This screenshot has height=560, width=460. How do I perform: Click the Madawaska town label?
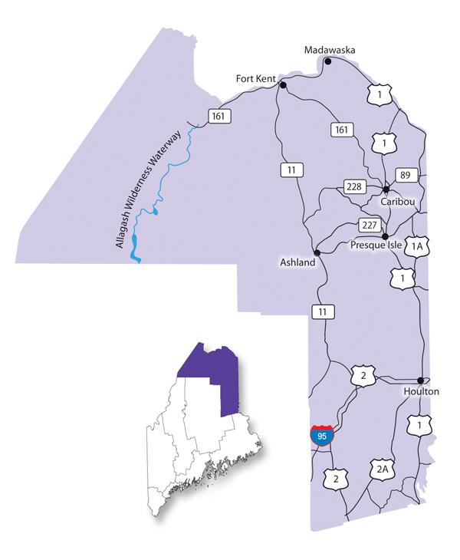point(330,50)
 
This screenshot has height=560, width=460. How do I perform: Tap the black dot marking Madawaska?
point(328,61)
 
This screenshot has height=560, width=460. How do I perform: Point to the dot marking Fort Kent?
point(283,85)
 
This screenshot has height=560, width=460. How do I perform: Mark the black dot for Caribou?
point(386,189)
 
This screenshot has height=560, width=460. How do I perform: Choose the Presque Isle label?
point(377,246)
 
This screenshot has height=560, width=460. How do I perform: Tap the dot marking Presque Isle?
point(385,236)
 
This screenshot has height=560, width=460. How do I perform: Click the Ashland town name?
point(297,262)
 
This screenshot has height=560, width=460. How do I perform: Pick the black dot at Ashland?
point(316,252)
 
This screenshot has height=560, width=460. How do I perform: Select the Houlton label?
point(421,391)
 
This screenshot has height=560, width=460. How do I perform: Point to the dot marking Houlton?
point(420,380)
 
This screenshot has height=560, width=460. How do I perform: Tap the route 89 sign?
point(406,175)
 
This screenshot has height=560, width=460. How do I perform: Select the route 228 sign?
point(353,187)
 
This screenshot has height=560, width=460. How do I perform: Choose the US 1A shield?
point(417,246)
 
